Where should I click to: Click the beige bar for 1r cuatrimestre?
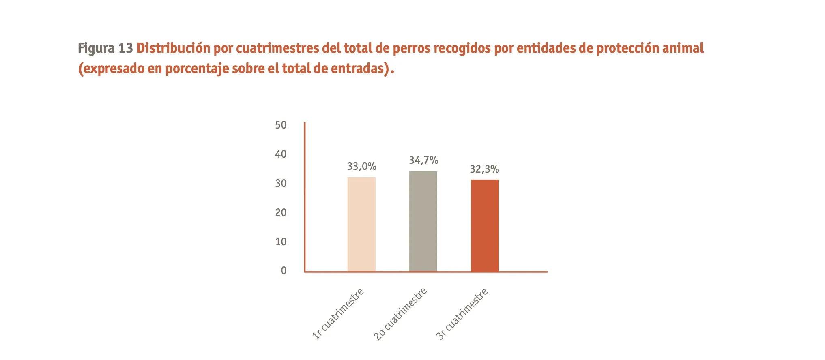click(x=361, y=224)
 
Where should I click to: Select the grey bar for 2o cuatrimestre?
click(x=423, y=221)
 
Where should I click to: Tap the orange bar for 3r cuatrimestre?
click(x=485, y=225)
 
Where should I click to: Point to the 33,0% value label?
click(x=361, y=166)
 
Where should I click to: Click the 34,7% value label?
click(x=423, y=161)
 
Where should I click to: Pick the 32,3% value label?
click(x=484, y=169)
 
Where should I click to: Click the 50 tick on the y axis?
click(x=281, y=125)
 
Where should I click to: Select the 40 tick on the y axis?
click(x=281, y=154)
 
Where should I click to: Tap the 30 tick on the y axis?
click(x=281, y=183)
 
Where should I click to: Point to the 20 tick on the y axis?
click(x=281, y=212)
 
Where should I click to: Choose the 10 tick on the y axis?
click(x=281, y=242)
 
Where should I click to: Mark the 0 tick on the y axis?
click(x=284, y=270)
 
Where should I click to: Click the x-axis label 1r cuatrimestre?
click(x=338, y=313)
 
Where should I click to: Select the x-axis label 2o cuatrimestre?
click(x=400, y=313)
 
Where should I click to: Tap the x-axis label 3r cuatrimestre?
click(x=462, y=313)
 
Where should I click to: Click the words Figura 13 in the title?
click(x=105, y=48)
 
